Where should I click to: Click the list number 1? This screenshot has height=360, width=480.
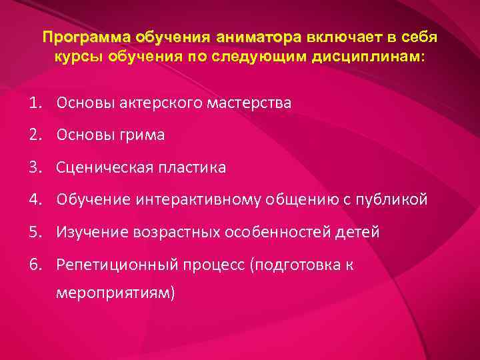34,103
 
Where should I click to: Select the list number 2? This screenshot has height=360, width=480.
35,135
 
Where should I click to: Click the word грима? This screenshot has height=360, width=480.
143,135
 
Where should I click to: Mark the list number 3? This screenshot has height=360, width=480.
35,167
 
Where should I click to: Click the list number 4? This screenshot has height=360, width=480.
35,199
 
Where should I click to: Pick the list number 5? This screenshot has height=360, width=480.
35,232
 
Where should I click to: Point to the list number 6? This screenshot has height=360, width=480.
35,264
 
